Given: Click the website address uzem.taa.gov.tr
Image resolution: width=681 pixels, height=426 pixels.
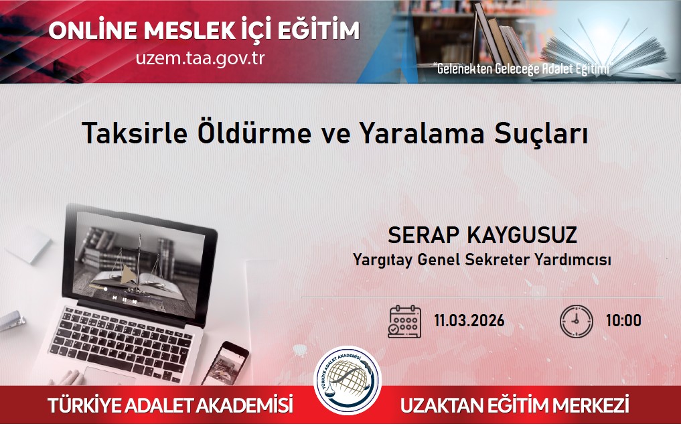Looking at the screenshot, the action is point(200,58).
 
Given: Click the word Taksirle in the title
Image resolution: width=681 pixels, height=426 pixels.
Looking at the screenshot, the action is point(135,133).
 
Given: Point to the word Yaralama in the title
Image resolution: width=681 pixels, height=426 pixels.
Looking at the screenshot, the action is point(421,133).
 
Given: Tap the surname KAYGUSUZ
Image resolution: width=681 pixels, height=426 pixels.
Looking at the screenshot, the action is point(522,235).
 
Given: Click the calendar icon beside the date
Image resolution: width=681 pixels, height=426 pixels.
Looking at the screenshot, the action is point(404,322).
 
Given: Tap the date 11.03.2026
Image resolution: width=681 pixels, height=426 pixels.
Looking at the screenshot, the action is point(469,320).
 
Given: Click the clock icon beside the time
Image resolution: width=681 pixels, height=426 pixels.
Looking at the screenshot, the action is point(577,322).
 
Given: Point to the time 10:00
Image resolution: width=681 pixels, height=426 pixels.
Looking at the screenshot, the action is point(623,320).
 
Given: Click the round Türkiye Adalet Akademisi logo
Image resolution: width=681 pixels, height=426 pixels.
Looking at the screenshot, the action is point(348,380).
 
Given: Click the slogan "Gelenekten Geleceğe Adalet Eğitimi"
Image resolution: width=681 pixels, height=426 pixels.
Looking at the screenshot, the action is point(522,68).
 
